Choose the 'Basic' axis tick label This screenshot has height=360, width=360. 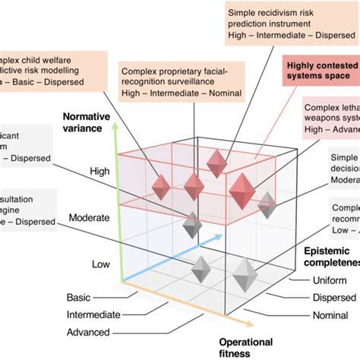79,297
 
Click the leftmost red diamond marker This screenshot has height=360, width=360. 161,186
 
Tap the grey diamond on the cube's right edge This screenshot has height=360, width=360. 267,204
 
